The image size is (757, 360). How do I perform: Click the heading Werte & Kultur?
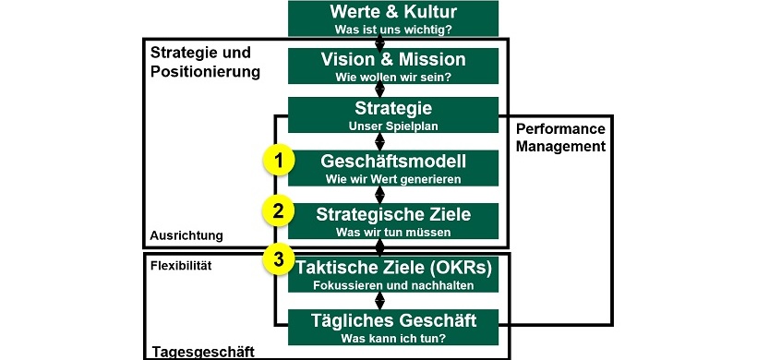tap(393, 14)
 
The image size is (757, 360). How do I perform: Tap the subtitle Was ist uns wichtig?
tap(393, 30)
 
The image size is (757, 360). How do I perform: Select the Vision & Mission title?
tap(393, 60)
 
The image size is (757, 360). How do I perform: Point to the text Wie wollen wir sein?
tap(393, 77)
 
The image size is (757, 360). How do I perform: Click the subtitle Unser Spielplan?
tap(393, 126)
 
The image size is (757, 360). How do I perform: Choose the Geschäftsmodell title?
tap(393, 162)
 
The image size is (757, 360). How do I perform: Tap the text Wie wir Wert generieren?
tap(393, 178)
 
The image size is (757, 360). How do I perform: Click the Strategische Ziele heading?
tap(393, 214)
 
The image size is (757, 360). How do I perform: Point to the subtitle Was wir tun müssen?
tap(393, 230)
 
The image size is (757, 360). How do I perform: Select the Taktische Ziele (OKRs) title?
tap(393, 267)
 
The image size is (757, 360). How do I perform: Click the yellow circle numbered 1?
tap(277, 162)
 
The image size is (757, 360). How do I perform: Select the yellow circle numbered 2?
tap(277, 211)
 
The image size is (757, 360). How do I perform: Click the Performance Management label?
tap(559, 137)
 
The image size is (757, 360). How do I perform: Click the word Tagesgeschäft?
tap(203, 351)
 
